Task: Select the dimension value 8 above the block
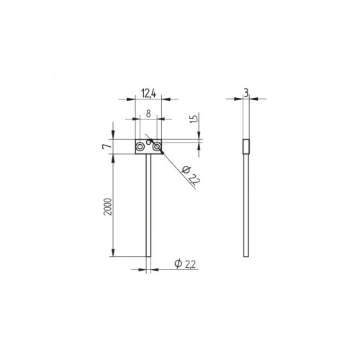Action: tap(148, 113)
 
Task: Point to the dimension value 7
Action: tap(106, 146)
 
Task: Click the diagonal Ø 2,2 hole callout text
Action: tap(189, 175)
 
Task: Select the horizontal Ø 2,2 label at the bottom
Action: tap(185, 265)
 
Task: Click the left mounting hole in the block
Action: tap(140, 146)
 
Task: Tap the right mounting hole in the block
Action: tap(154, 146)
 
